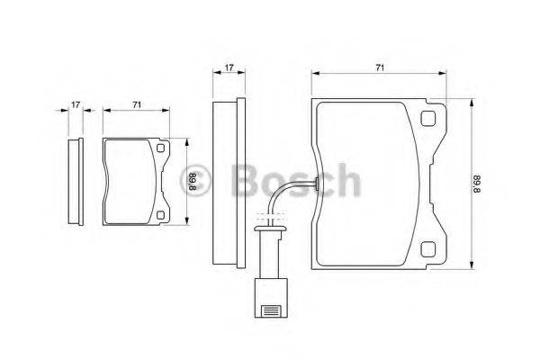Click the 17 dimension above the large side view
pos(229,67)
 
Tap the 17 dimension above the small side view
pos(76,105)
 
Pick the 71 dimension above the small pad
pos(136,105)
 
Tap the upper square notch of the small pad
pos(161,149)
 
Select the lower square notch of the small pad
pos(161,214)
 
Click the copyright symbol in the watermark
pos(201,180)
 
